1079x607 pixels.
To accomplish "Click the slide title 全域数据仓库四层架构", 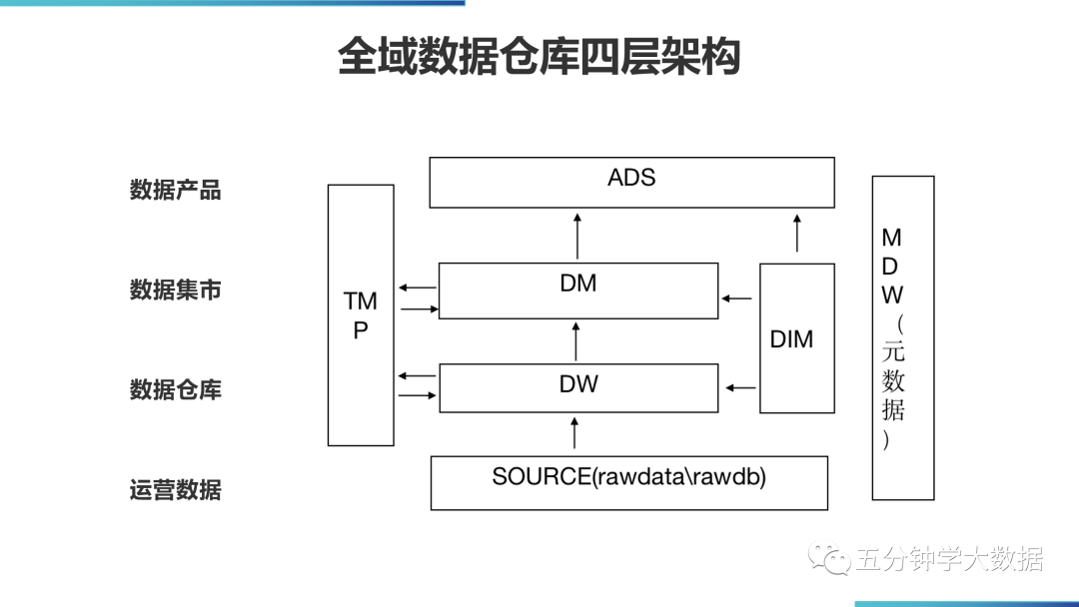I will click(539, 57).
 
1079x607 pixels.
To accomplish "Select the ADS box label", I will click(631, 178).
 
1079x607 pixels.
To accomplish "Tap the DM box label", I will click(577, 284).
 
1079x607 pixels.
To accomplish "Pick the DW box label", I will click(577, 383).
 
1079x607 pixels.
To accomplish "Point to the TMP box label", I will click(361, 315).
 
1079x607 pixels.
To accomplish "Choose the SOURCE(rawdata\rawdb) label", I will click(628, 477).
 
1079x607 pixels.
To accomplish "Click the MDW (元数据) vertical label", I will click(892, 337).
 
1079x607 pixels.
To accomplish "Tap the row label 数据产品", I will click(175, 190).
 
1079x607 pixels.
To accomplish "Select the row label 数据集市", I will click(175, 290).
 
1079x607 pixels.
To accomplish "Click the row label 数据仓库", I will click(175, 389).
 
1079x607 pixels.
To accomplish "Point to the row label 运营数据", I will click(175, 490).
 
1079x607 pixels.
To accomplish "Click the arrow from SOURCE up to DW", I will click(574, 434).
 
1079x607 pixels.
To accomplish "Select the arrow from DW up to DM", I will click(576, 341).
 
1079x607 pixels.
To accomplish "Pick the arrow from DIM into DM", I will click(738, 298).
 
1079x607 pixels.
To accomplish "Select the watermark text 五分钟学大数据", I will click(949, 560).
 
